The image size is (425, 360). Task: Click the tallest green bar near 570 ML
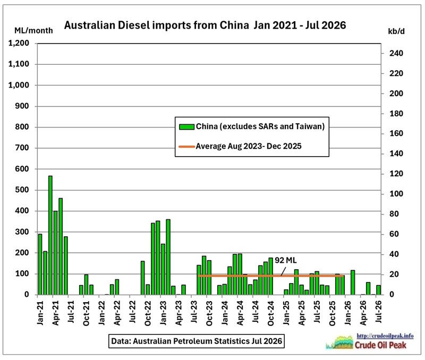50,235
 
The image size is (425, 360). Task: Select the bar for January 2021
40,264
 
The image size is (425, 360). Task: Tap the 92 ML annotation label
286,260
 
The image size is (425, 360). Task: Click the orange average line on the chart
271,276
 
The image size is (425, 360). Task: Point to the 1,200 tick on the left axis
19,43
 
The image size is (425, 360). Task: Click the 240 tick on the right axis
396,54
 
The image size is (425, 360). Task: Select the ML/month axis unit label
33,31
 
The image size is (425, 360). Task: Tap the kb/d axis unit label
396,32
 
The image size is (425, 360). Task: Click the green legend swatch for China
187,126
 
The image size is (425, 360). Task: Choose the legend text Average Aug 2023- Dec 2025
249,146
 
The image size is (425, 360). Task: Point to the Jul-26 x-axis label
379,311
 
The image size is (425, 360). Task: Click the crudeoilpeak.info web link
385,336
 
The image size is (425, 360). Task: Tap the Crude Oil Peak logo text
380,345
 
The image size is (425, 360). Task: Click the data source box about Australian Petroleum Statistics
197,341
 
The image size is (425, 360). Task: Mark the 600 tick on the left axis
22,169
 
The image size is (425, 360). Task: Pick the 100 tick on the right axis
396,194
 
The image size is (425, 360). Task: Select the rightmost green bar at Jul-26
378,290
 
